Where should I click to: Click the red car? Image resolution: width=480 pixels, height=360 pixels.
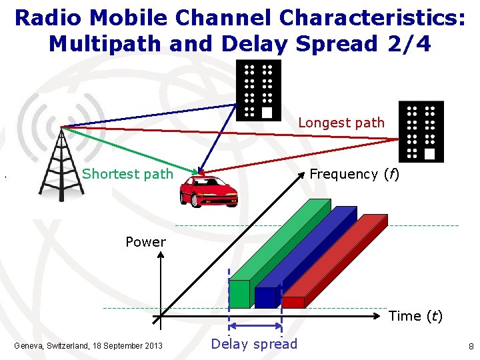209,191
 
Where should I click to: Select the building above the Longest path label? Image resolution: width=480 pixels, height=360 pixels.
259,90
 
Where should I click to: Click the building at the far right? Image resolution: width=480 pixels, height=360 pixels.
421,131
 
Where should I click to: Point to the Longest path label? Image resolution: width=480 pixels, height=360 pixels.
341,123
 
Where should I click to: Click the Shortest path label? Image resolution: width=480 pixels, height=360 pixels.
127,174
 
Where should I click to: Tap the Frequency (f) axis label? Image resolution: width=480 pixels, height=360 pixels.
354,174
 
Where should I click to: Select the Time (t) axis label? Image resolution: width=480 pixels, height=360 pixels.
415,316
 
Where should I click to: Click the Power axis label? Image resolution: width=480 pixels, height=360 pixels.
145,242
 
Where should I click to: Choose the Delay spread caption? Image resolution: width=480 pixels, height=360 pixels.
255,344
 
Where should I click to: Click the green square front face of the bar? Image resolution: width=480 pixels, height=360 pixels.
239,294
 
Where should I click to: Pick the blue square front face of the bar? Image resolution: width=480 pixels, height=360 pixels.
265,297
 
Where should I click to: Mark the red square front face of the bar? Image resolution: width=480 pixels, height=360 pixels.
293,302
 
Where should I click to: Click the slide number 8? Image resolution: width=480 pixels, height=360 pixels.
471,347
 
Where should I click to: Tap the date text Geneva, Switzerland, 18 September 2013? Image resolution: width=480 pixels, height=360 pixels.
88,345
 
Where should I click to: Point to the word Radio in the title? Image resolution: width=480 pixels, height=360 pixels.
47,17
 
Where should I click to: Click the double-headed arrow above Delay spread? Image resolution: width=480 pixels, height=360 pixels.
255,326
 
